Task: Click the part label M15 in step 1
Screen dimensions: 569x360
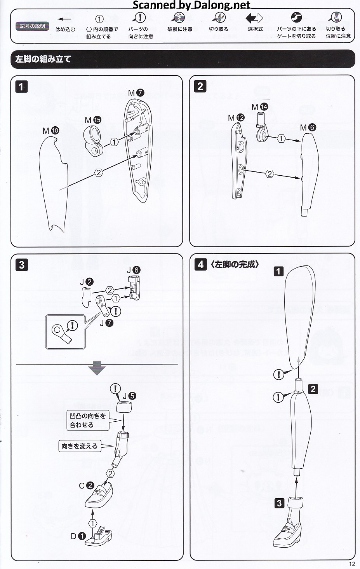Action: pos(93,120)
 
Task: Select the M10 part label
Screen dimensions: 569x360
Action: pos(51,131)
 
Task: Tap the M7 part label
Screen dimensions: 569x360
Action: pos(136,93)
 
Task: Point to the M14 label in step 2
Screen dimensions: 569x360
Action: pos(260,107)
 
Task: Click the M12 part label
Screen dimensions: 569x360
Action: pos(236,118)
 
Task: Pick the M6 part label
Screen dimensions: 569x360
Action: pos(308,127)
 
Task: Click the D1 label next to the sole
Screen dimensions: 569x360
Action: pos(78,536)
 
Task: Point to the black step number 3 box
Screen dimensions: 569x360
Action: pos(22,265)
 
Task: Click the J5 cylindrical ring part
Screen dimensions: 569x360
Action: pos(124,408)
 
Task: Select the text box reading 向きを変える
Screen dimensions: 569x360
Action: pos(80,446)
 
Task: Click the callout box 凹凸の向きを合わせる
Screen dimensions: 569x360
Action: pos(88,420)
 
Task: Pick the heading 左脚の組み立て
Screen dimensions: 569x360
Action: pos(43,59)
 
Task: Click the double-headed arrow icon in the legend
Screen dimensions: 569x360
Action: pos(254,18)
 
